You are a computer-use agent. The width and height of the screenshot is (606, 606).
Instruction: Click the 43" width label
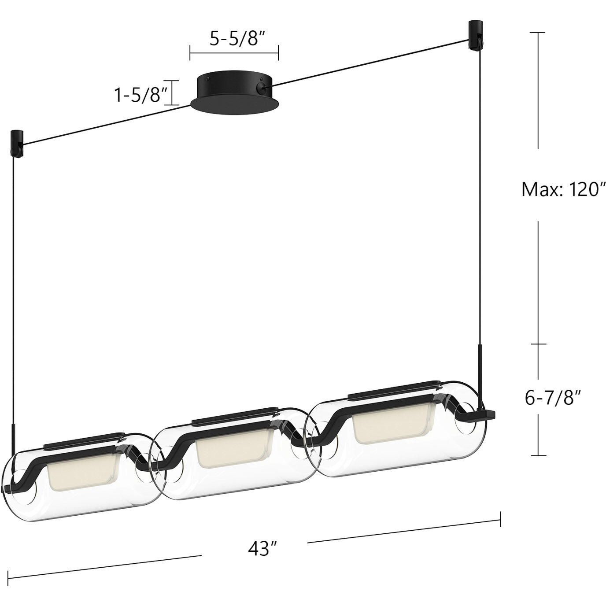262,549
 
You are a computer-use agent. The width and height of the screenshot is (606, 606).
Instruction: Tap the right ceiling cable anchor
476,34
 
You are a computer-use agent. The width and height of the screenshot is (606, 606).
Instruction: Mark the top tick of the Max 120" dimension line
537,33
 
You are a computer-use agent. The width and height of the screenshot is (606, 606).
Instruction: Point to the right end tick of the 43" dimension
500,519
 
